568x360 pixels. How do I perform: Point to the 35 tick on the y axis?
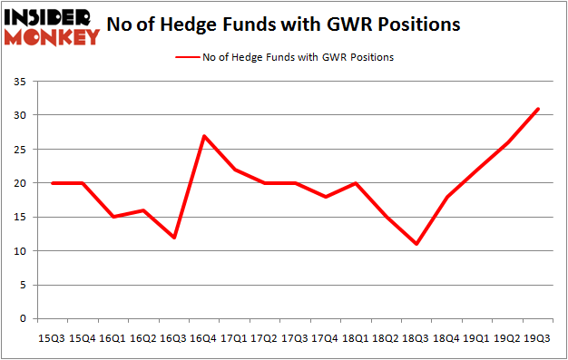17,82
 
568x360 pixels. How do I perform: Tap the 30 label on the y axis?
17,115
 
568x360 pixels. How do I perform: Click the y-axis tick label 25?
17,150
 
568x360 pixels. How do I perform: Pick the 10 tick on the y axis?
17,251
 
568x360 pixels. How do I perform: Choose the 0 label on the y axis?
20,319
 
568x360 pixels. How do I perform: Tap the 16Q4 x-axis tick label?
204,338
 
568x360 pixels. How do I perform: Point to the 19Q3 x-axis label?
538,338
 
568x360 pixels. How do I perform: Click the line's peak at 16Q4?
204,136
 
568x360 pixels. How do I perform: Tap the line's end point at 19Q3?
538,109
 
